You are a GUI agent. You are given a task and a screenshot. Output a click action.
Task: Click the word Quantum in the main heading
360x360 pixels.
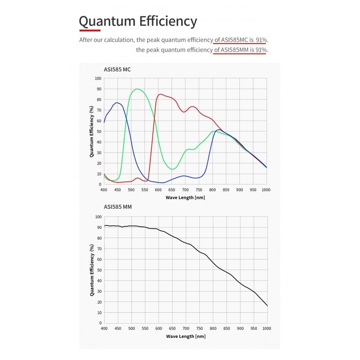pyautogui.click(x=104, y=22)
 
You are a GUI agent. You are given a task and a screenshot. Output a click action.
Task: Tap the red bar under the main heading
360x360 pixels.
pyautogui.click(x=90, y=30)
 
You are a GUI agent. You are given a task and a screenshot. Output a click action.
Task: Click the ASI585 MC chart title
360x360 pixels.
pyautogui.click(x=117, y=69)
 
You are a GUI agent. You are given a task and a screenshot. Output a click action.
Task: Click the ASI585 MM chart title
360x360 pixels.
pyautogui.click(x=118, y=207)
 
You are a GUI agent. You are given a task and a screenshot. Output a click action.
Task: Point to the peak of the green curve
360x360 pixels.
pyautogui.click(x=137, y=89)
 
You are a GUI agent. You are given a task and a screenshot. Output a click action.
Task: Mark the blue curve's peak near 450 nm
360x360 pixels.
pyautogui.click(x=117, y=103)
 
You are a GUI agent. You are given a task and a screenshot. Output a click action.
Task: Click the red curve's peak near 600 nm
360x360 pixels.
pyautogui.click(x=160, y=94)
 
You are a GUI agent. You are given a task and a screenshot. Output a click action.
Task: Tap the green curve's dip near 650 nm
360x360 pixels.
pyautogui.click(x=172, y=169)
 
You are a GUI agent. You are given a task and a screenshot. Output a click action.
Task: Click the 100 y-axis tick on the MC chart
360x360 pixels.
pyautogui.click(x=98, y=78)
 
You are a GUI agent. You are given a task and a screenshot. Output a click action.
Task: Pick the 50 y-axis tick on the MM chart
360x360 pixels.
pyautogui.click(x=99, y=270)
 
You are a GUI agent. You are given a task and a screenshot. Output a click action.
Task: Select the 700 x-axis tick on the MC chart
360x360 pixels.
pyautogui.click(x=185, y=190)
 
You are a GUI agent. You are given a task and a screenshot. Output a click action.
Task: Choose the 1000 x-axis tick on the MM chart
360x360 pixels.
pyautogui.click(x=267, y=328)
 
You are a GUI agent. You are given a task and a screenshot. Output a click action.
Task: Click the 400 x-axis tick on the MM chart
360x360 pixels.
pyautogui.click(x=104, y=328)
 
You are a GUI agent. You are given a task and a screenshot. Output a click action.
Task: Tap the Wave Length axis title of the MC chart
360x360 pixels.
pyautogui.click(x=185, y=198)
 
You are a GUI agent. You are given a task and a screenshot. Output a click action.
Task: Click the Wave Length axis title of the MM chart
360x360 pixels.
pyautogui.click(x=185, y=336)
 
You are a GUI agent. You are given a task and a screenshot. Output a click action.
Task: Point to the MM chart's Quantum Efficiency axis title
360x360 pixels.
pyautogui.click(x=92, y=270)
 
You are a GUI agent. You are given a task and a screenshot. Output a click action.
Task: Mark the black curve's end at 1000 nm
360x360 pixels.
pyautogui.click(x=267, y=306)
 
